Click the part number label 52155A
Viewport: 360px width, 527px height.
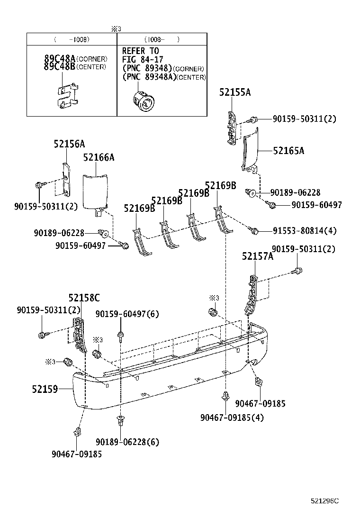(234, 93)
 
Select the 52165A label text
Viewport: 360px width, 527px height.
(288, 151)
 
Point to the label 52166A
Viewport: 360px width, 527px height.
(99, 157)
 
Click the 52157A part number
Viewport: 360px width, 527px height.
(258, 256)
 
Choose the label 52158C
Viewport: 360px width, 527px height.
(84, 298)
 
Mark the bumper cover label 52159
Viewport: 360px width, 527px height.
(45, 389)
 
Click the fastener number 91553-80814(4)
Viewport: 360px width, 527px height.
(305, 231)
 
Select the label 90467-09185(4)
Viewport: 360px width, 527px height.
(232, 418)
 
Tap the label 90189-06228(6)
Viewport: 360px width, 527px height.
(127, 442)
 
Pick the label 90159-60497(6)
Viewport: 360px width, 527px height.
(127, 314)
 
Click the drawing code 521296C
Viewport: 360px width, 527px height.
(325, 501)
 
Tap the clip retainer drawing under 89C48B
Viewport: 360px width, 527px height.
(65, 95)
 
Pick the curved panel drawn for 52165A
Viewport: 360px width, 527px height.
(250, 149)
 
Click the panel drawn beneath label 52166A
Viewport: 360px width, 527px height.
(95, 192)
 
